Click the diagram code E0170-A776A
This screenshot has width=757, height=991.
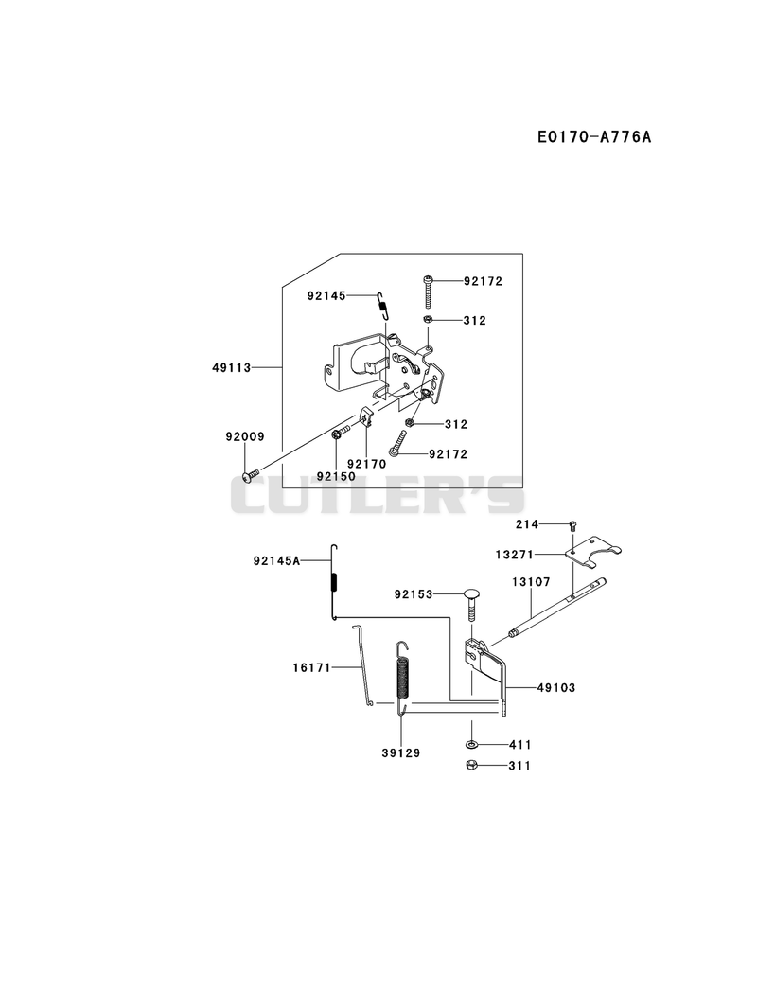click(x=594, y=136)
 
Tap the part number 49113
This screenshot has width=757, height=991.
click(x=231, y=367)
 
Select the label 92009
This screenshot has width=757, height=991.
click(x=245, y=436)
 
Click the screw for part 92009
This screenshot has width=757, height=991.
click(x=251, y=474)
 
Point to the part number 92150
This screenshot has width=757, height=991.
click(x=336, y=476)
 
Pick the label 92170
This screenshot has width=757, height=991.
click(x=366, y=464)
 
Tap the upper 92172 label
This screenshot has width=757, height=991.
click(x=483, y=281)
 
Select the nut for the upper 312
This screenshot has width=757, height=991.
click(x=428, y=320)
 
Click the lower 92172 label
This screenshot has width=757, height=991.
click(x=448, y=454)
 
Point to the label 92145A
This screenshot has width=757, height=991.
click(x=276, y=560)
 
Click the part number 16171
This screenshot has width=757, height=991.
click(x=312, y=667)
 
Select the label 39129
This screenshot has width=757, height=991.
click(x=400, y=753)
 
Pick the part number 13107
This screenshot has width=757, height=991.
click(x=531, y=581)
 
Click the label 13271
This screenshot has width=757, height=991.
click(x=515, y=555)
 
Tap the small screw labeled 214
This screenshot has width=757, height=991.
click(x=573, y=524)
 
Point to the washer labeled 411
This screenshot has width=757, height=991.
click(x=472, y=745)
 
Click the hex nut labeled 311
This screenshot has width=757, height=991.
click(x=471, y=765)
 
